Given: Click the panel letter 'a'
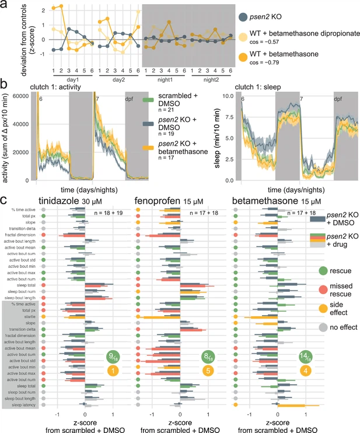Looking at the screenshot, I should point(5,6).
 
